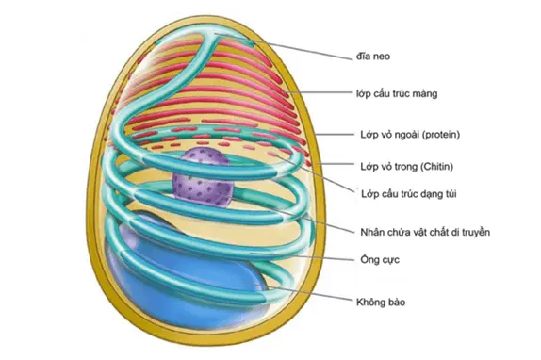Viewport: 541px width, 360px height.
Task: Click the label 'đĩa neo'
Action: tap(373, 57)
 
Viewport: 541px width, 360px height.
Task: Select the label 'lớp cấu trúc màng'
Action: tap(397, 93)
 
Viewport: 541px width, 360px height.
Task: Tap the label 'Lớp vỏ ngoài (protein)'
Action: tap(410, 134)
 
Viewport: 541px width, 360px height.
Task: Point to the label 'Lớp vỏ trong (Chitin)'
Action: tap(407, 167)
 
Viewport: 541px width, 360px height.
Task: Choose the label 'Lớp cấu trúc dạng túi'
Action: tap(409, 194)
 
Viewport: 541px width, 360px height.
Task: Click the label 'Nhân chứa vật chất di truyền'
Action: tap(425, 232)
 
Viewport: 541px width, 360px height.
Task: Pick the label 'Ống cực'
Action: tap(380, 259)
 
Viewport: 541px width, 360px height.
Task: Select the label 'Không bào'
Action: tap(381, 303)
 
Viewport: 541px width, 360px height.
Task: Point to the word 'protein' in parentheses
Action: tap(441, 135)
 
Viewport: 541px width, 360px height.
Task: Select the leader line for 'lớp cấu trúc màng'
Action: tap(320, 92)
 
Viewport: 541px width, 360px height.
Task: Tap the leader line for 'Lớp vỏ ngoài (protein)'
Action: tap(335, 135)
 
